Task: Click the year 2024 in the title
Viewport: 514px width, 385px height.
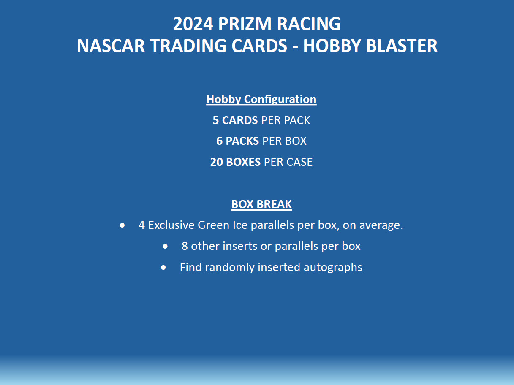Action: [x=193, y=24]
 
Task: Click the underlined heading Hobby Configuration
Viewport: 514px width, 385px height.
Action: [x=261, y=99]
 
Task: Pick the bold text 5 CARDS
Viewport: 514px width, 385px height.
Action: [x=235, y=120]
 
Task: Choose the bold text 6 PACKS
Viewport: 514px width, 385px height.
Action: [x=238, y=141]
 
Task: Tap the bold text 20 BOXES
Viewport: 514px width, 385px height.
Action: [x=235, y=162]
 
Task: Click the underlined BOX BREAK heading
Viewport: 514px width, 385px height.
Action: [x=261, y=204]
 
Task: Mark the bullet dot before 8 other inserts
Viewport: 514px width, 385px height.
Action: [x=165, y=246]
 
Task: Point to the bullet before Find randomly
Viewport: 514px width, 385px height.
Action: [x=163, y=267]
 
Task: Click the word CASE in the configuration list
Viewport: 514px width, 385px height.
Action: [x=299, y=162]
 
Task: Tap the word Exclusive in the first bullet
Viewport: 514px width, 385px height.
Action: [x=171, y=225]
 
